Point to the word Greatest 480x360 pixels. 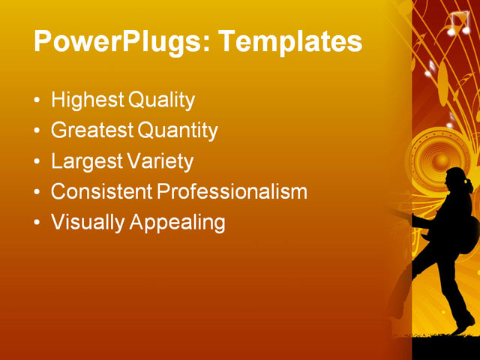tap(92, 131)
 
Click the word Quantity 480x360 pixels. tap(178, 131)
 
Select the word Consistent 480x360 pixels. tap(101, 192)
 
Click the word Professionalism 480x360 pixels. tap(232, 192)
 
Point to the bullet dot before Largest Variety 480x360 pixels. tap(37, 162)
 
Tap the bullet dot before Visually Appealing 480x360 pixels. tap(37, 223)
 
